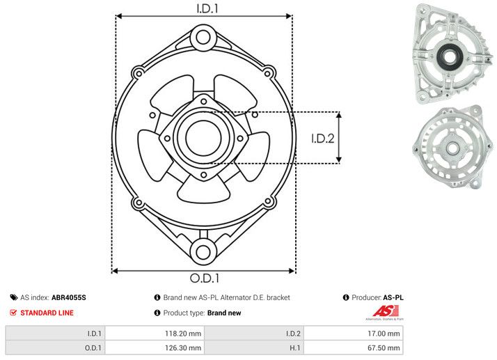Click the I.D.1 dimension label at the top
(204, 9)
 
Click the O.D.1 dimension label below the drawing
(204, 279)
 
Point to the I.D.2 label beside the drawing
(323, 138)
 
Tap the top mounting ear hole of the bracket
(203, 36)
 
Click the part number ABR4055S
(69, 297)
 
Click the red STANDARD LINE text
(46, 313)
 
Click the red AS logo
(384, 312)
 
